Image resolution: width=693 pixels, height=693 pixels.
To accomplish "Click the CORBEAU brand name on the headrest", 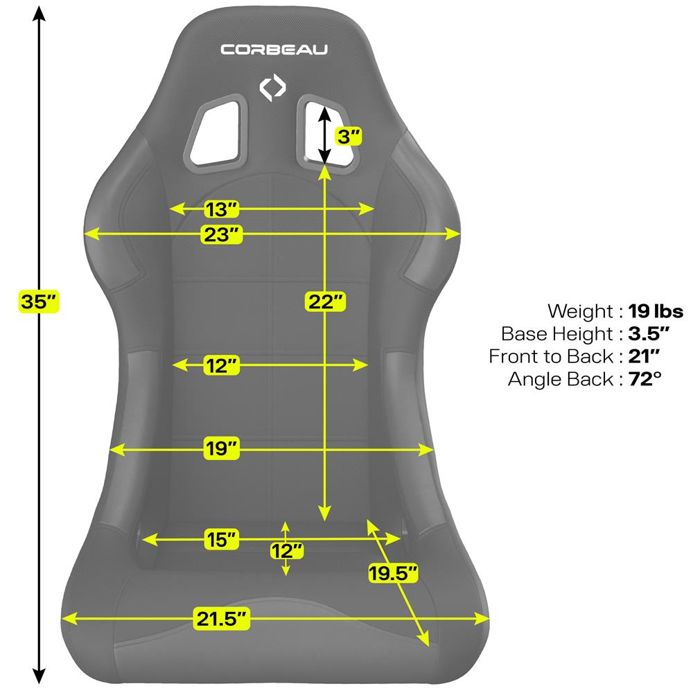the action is coord(274,49).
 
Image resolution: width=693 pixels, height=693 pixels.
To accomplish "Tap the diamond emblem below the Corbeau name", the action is coord(272,87).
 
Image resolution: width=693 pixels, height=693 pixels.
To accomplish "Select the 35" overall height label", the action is coord(39,302).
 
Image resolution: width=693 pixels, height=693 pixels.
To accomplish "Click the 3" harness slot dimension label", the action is coord(349,137).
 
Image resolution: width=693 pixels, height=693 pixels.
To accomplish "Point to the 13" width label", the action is coord(222,209).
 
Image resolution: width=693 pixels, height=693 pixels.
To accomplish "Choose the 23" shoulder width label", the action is coord(222,234).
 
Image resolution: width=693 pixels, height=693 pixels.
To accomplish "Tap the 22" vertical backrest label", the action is coord(325,302).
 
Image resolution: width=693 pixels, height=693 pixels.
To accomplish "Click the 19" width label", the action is coord(222,448).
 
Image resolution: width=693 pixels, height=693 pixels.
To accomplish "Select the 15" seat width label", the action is coord(222,539).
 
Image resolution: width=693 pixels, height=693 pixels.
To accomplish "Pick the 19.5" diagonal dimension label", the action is coord(393,573).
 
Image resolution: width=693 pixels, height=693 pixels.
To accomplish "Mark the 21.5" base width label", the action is coord(222,618).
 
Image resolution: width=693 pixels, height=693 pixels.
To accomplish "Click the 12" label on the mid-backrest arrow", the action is coord(222,365).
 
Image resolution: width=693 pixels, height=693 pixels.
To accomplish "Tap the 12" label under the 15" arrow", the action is coord(287,551).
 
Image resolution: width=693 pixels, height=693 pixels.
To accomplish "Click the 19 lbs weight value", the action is coord(656,311).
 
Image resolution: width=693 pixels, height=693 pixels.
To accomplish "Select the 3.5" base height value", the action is coord(649,334).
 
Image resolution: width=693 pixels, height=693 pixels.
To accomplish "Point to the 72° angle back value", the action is coord(644,379).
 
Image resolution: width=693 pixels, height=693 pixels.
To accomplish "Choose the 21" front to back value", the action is coord(644,356).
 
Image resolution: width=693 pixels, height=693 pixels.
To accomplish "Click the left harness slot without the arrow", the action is coord(216,132).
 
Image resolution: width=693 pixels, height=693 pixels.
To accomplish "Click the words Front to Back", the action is coord(551,356).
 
